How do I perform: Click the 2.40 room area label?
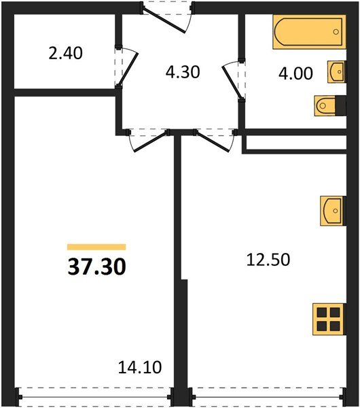click(65, 52)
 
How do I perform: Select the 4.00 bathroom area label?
click(295, 73)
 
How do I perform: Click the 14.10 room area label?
click(139, 368)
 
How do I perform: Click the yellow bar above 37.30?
click(96, 248)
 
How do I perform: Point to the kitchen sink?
click(332, 210)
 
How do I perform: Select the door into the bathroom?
click(233, 80)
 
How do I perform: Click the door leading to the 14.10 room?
click(145, 139)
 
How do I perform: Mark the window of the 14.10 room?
click(94, 394)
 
